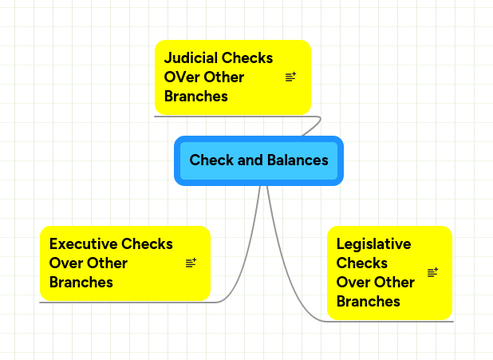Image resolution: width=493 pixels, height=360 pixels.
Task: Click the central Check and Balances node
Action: [258, 160]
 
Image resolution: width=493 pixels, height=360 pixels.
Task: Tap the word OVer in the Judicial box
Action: [180, 77]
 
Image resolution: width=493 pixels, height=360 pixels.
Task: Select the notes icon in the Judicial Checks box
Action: [290, 77]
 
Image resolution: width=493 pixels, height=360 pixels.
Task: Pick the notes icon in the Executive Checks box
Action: [191, 263]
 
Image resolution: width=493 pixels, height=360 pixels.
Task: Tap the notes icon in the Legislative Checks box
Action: [433, 272]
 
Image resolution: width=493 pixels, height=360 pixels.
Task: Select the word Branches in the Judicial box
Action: [196, 97]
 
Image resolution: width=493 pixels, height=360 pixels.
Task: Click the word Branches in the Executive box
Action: [81, 283]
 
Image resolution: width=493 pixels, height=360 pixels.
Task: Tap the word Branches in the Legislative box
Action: [369, 302]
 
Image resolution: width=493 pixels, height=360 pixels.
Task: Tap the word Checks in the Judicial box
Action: [248, 58]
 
